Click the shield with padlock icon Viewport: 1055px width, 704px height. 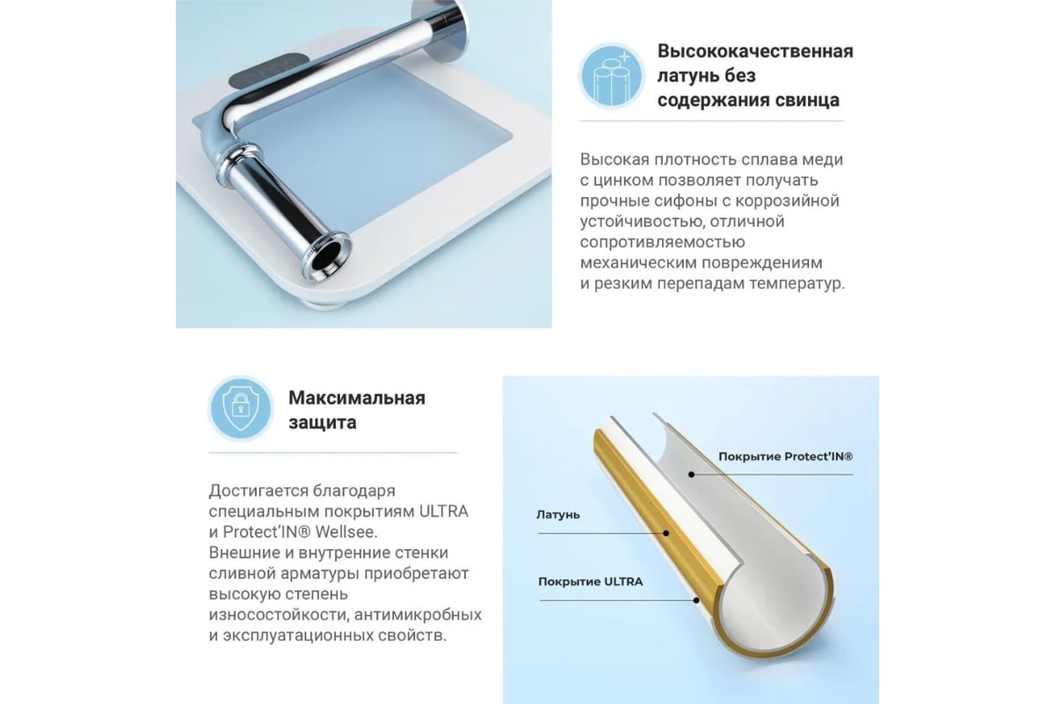click(x=241, y=409)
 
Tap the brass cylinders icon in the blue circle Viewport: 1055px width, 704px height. click(x=611, y=77)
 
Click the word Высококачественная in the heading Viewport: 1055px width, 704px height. click(x=755, y=51)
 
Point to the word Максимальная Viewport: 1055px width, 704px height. click(x=357, y=398)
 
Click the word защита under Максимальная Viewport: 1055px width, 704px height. click(x=322, y=422)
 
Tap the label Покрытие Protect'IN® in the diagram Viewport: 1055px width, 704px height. click(x=785, y=457)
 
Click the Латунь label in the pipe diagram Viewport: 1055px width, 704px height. click(x=557, y=515)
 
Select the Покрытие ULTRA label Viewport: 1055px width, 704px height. click(x=590, y=582)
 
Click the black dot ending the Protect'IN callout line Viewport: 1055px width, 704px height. click(x=691, y=474)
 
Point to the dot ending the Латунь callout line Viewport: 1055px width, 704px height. click(x=666, y=533)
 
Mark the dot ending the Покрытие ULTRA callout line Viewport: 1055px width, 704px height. click(x=696, y=600)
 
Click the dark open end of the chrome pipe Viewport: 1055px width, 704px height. click(x=326, y=259)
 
